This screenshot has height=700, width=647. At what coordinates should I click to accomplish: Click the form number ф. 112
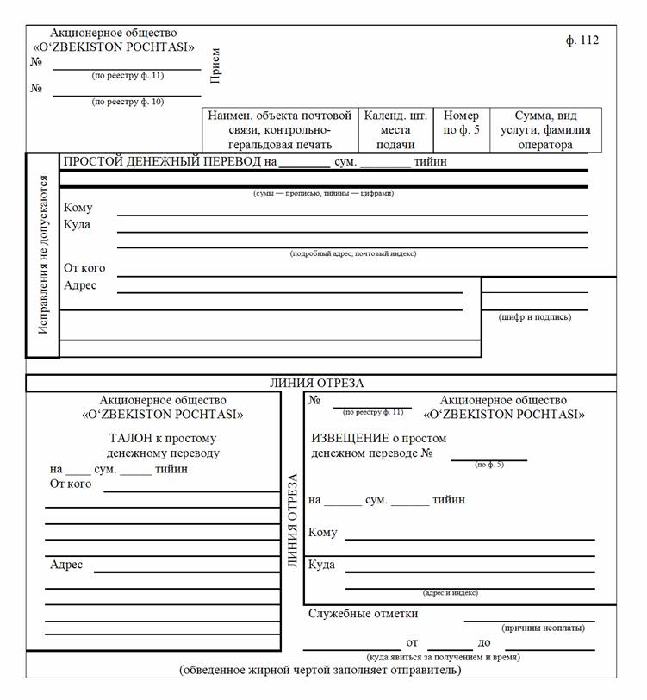582,41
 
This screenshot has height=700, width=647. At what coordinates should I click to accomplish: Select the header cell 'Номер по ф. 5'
461,122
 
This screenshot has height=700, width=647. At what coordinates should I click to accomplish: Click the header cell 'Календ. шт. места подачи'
395,129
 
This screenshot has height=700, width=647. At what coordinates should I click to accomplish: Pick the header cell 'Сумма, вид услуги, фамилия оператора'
545,129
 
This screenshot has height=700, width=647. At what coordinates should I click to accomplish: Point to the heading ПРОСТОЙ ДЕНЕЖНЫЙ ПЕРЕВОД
162,161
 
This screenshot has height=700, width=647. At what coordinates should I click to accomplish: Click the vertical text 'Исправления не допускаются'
43,255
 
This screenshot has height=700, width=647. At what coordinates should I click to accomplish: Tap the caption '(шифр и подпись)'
534,317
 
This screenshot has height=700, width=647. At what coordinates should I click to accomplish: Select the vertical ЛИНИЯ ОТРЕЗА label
292,521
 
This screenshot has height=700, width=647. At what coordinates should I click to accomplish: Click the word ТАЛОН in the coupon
122,438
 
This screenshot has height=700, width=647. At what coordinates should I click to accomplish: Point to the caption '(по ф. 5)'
488,465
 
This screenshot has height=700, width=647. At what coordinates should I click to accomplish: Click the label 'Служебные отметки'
363,614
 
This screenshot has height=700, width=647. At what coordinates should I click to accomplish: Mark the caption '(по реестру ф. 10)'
128,102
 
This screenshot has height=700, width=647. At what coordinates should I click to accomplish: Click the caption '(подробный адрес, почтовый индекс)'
353,253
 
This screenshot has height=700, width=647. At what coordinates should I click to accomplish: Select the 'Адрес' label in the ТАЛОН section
66,565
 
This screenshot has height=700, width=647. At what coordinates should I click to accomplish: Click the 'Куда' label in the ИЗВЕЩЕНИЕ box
321,566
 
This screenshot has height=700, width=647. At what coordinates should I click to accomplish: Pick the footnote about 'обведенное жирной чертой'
320,670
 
